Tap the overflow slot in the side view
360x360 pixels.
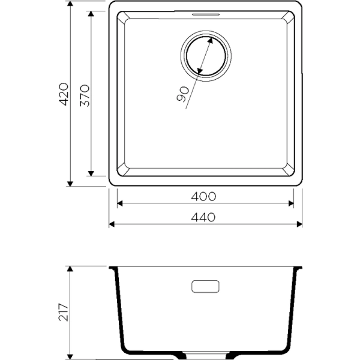pos(205,286)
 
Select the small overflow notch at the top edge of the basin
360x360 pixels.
pos(205,13)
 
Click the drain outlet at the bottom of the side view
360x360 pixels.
pos(205,355)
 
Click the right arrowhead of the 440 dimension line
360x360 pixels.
pos(298,225)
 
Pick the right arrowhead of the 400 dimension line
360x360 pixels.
pos(290,204)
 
